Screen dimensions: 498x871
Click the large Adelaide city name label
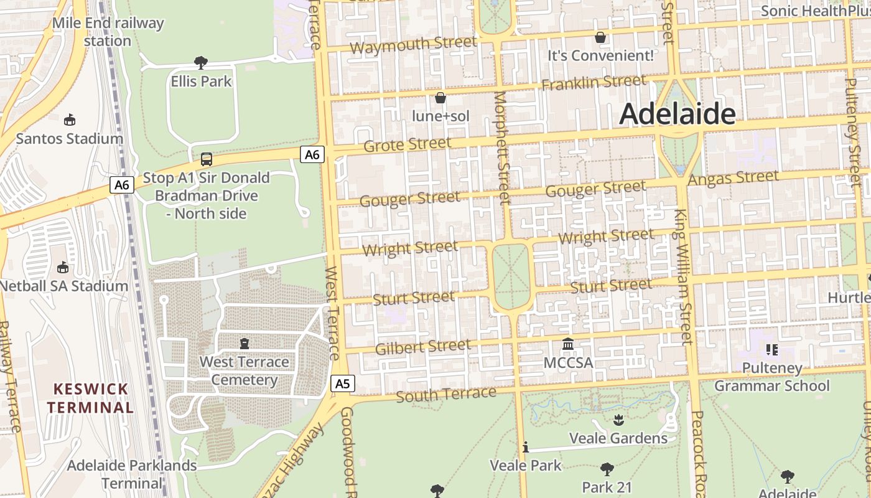pos(678,114)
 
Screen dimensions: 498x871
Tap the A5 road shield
pos(343,383)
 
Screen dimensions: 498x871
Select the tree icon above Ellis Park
pos(200,62)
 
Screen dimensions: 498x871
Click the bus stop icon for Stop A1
pos(207,159)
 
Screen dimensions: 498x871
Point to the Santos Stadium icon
pos(70,120)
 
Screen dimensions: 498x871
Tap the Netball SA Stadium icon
pos(63,268)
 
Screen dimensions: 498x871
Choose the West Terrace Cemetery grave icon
pos(245,344)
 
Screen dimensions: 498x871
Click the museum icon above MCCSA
pos(568,344)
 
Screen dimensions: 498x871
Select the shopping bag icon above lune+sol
pos(440,98)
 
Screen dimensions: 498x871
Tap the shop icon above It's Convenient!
pos(600,37)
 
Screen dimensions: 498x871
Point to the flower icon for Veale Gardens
pos(618,420)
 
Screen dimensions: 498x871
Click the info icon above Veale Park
pos(526,447)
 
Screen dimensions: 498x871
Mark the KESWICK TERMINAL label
pos(91,398)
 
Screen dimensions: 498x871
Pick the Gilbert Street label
pos(423,347)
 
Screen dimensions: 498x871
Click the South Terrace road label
pos(445,395)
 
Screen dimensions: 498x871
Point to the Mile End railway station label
pos(108,32)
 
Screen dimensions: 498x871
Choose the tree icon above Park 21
pos(607,469)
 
